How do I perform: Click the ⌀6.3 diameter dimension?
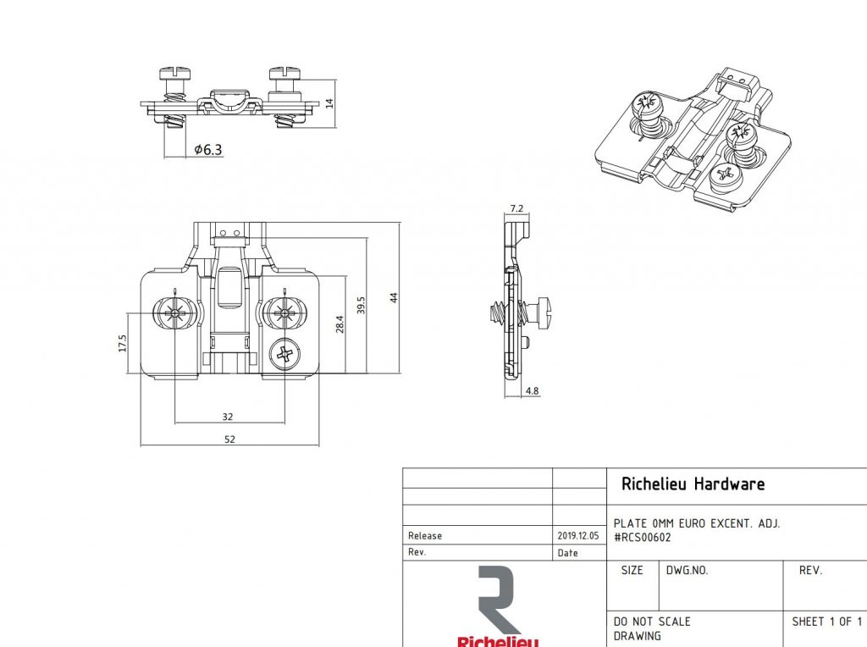[207, 150]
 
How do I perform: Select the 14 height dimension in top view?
[330, 102]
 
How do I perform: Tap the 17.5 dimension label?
[123, 342]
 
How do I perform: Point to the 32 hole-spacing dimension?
[228, 417]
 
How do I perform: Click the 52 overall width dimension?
[229, 439]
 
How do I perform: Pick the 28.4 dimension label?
[340, 323]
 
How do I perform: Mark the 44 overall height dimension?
[394, 297]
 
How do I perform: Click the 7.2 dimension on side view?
[517, 208]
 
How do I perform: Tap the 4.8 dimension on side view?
[532, 391]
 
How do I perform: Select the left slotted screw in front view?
[174, 313]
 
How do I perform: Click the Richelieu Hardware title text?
[693, 484]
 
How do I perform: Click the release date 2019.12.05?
[578, 536]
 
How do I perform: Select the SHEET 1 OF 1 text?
[826, 622]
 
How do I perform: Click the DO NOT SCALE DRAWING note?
[652, 628]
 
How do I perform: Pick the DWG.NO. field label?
[687, 571]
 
